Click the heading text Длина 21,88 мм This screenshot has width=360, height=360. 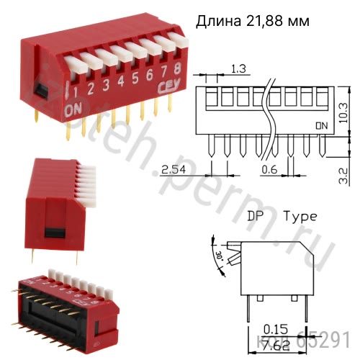[x=253, y=22]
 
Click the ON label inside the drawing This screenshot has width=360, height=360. [x=322, y=125]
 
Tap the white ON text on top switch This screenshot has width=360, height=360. [x=73, y=110]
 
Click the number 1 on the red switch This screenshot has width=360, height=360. [x=91, y=90]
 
